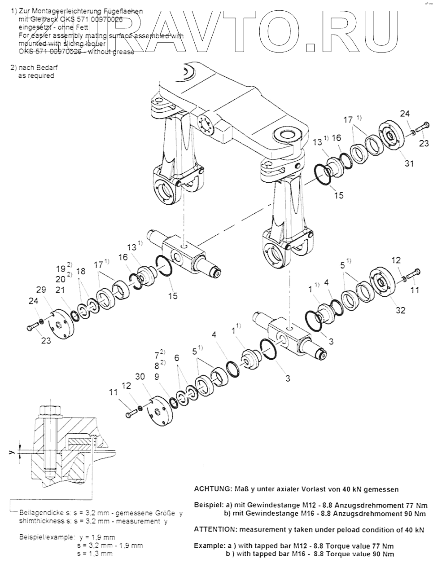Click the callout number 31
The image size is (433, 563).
coord(408,163)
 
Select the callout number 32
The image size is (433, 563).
coord(400,310)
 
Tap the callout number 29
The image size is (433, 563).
coord(41,290)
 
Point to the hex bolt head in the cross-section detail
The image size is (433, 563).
coord(48,410)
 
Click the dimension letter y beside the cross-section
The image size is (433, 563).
coord(13,453)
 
